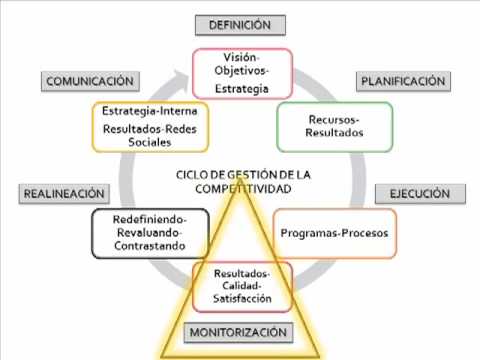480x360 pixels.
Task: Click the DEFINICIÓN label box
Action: pos(240,25)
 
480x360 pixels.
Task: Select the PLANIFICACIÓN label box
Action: pos(403,81)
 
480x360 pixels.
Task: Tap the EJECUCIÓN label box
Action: pos(420,194)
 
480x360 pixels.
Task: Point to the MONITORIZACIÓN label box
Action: pos(238,332)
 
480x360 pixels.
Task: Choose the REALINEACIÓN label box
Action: pos(64,194)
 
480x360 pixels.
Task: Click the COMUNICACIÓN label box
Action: pos(90,81)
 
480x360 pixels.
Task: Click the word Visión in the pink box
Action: pos(240,57)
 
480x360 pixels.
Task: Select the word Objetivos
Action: pos(241,71)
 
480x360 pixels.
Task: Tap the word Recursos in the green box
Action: pos(333,119)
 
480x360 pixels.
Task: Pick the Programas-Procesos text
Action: pos(334,233)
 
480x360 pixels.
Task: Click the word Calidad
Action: pos(241,286)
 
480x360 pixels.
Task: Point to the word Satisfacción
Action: pos(242,298)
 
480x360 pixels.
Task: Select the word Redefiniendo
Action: pos(149,220)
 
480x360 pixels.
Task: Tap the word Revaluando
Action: pos(149,233)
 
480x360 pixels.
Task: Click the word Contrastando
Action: pos(150,246)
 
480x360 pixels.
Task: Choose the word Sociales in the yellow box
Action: pos(150,142)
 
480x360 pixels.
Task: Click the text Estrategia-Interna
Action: pos(150,111)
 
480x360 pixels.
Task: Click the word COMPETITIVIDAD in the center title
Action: pos(243,189)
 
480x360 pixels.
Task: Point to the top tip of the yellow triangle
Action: pos(240,179)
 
